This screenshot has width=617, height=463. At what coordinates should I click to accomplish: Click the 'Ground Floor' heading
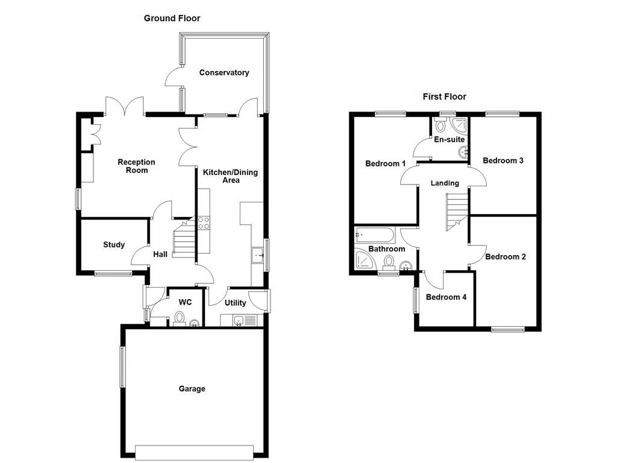172,19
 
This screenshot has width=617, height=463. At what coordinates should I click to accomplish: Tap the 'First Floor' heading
444,96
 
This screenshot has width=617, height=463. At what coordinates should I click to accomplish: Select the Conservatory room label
224,73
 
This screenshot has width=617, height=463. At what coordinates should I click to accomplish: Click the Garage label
192,389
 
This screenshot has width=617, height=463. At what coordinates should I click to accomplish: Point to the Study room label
114,245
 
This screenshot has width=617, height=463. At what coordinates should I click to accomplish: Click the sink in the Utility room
239,321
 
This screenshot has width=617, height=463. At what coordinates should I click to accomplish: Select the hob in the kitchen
203,222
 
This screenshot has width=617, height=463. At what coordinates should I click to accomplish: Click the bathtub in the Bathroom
374,235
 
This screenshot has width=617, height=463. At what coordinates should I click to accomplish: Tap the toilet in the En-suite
440,125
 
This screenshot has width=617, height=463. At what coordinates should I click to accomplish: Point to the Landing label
445,183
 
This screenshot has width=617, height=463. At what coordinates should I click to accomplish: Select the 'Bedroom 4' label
446,297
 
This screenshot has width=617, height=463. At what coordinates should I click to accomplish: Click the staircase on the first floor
456,211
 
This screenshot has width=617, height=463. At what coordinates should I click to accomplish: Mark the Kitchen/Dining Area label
230,176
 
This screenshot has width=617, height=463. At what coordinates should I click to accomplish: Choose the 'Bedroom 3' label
503,160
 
